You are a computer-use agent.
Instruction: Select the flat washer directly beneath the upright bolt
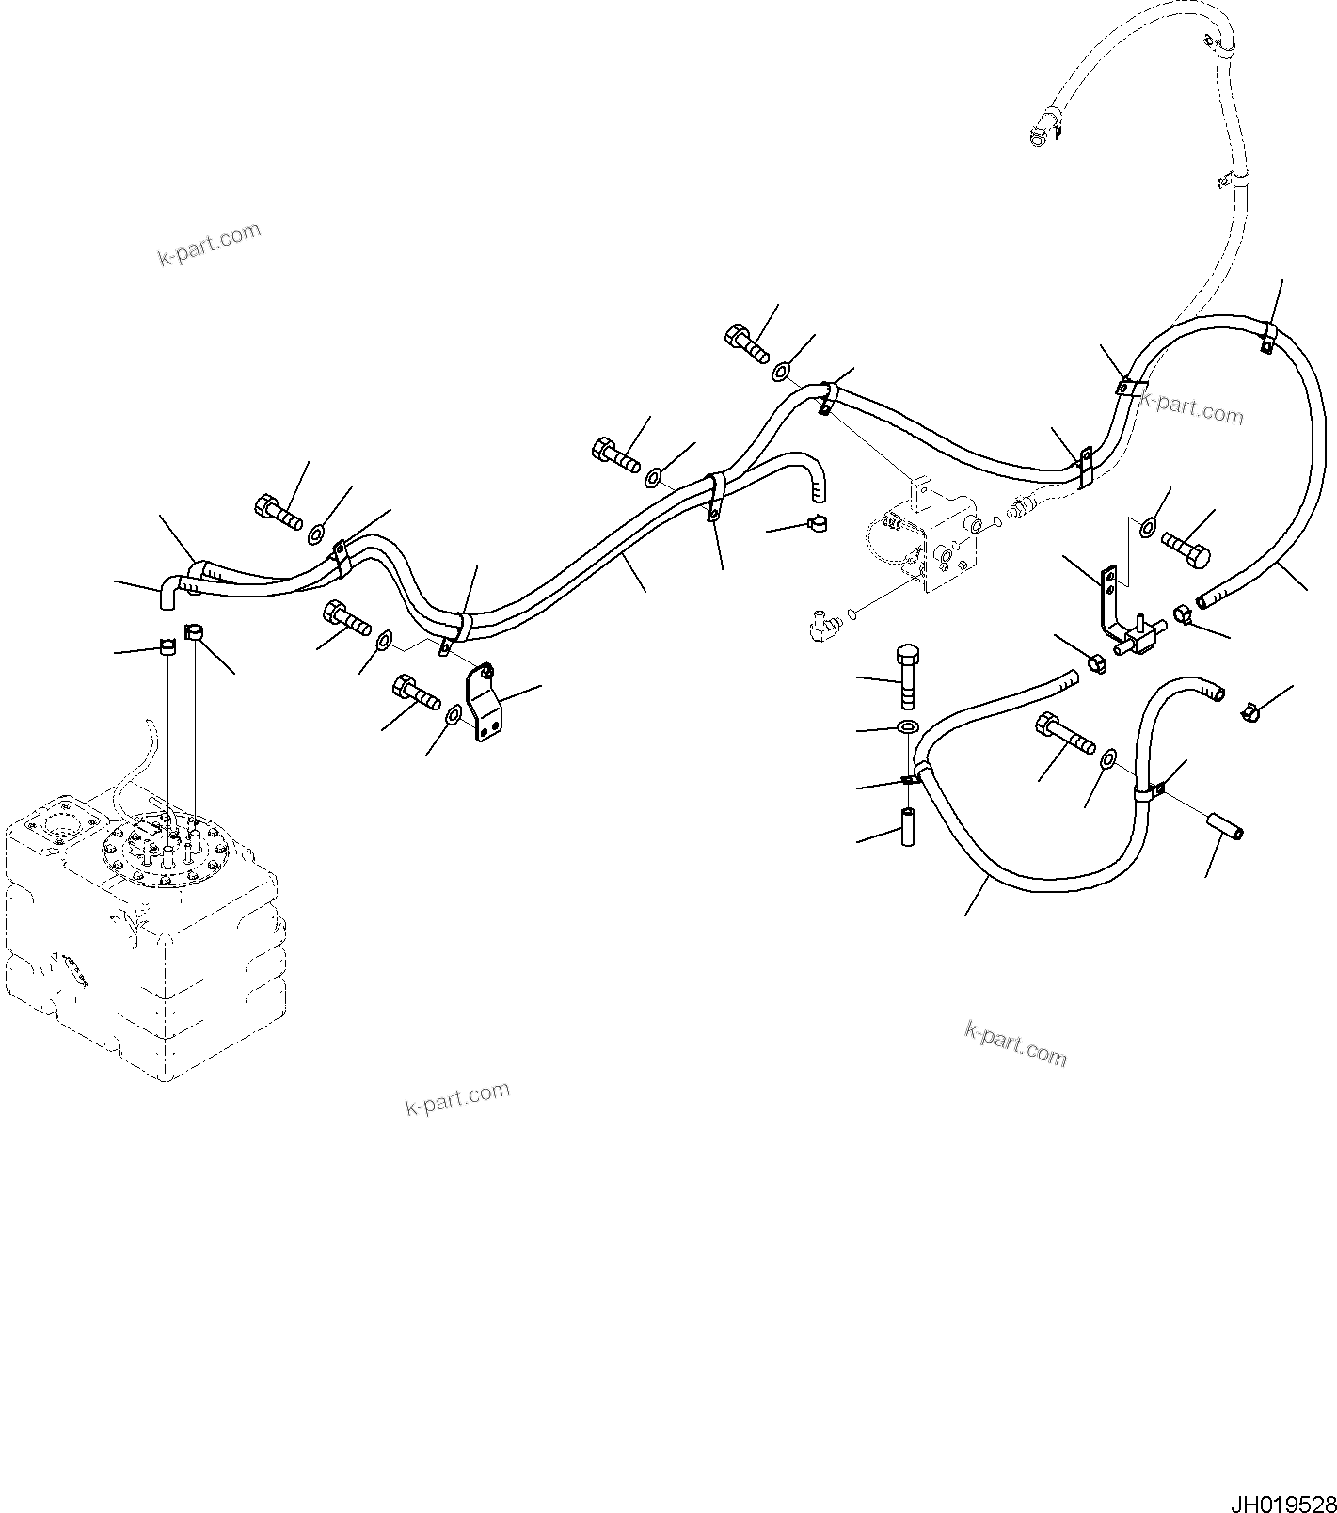pyautogui.click(x=909, y=727)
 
